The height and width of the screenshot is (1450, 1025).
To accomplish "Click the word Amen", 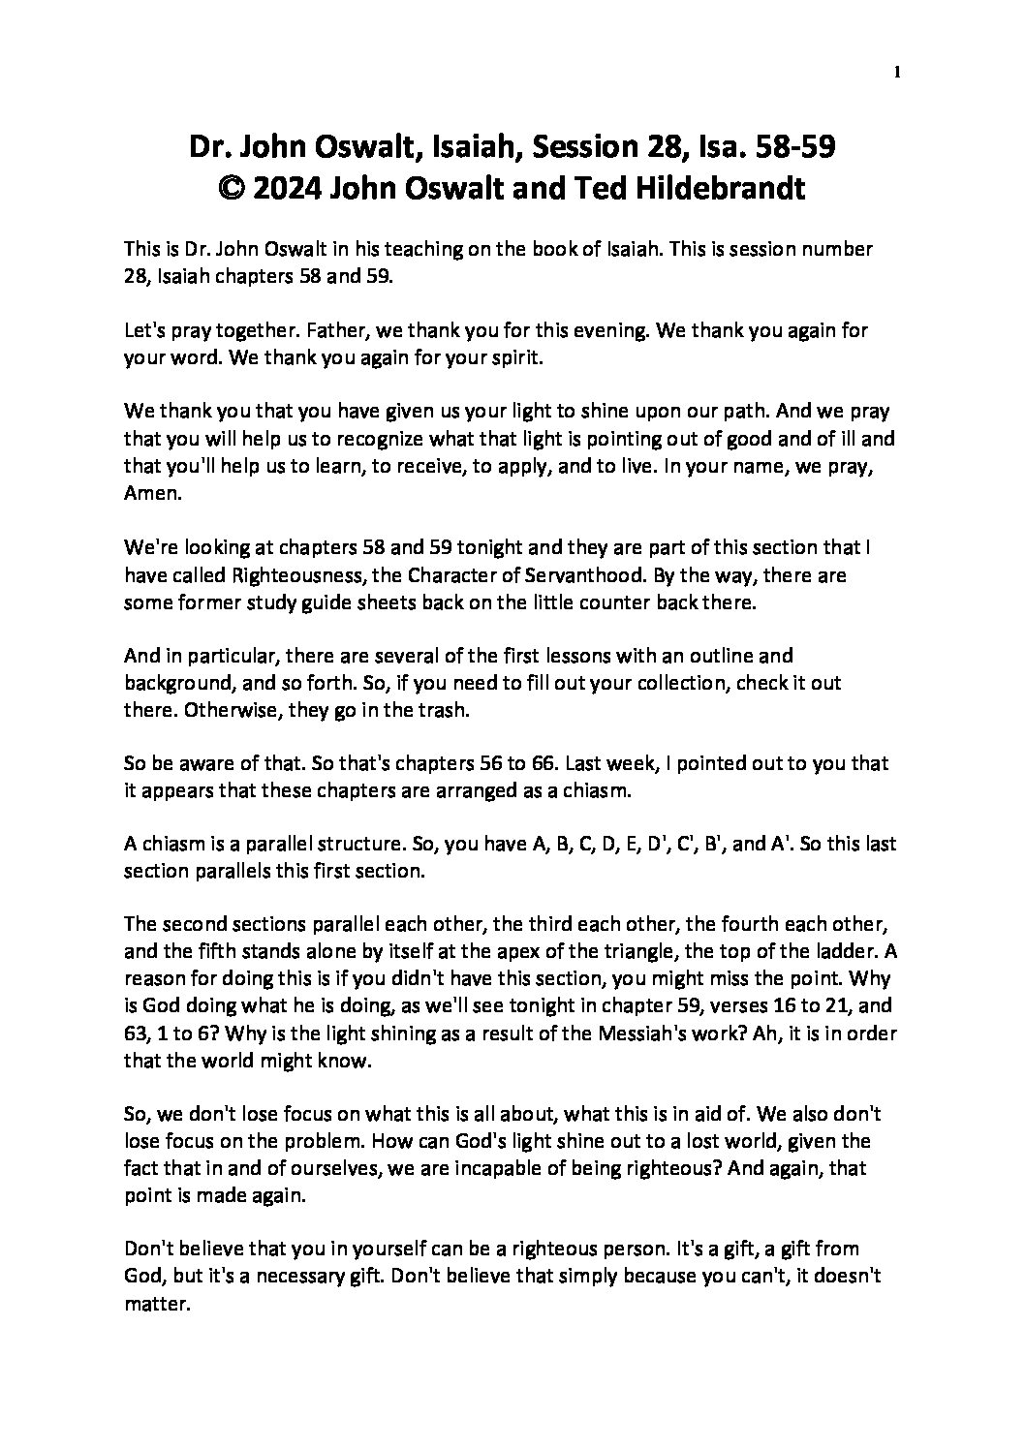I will [148, 492].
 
